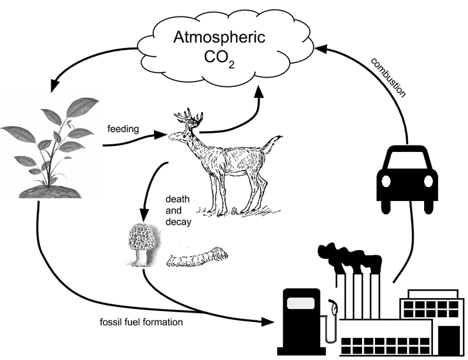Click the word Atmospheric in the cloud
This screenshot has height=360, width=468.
(x=219, y=39)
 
